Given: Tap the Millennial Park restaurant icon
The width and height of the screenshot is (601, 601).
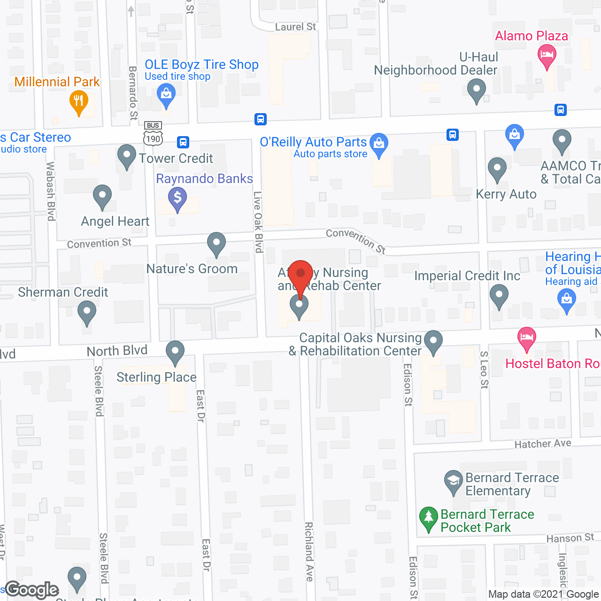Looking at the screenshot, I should pyautogui.click(x=79, y=102).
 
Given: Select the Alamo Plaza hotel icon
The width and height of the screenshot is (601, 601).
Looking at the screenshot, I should pyautogui.click(x=547, y=55).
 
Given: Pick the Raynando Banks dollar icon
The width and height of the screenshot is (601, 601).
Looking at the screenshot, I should pyautogui.click(x=177, y=198).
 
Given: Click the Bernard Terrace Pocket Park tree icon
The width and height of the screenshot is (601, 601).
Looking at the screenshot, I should pyautogui.click(x=428, y=519).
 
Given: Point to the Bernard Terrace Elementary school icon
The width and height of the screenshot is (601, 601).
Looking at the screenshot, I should pyautogui.click(x=454, y=482).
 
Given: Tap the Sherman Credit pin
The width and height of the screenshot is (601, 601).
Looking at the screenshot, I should pyautogui.click(x=86, y=312).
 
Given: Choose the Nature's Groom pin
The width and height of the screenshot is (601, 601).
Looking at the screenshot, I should pyautogui.click(x=216, y=244).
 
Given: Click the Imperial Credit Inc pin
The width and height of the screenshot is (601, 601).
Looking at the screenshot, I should pyautogui.click(x=499, y=297).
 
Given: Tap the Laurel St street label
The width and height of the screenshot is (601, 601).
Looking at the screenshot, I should pyautogui.click(x=295, y=27).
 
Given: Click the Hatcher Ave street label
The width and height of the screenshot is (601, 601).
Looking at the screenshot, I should pyautogui.click(x=543, y=444).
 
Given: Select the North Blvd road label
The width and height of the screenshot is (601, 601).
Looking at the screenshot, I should pyautogui.click(x=117, y=351).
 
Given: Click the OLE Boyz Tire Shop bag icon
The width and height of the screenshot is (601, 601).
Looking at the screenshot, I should pyautogui.click(x=166, y=94).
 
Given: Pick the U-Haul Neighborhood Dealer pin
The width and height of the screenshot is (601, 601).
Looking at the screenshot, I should pyautogui.click(x=477, y=90).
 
